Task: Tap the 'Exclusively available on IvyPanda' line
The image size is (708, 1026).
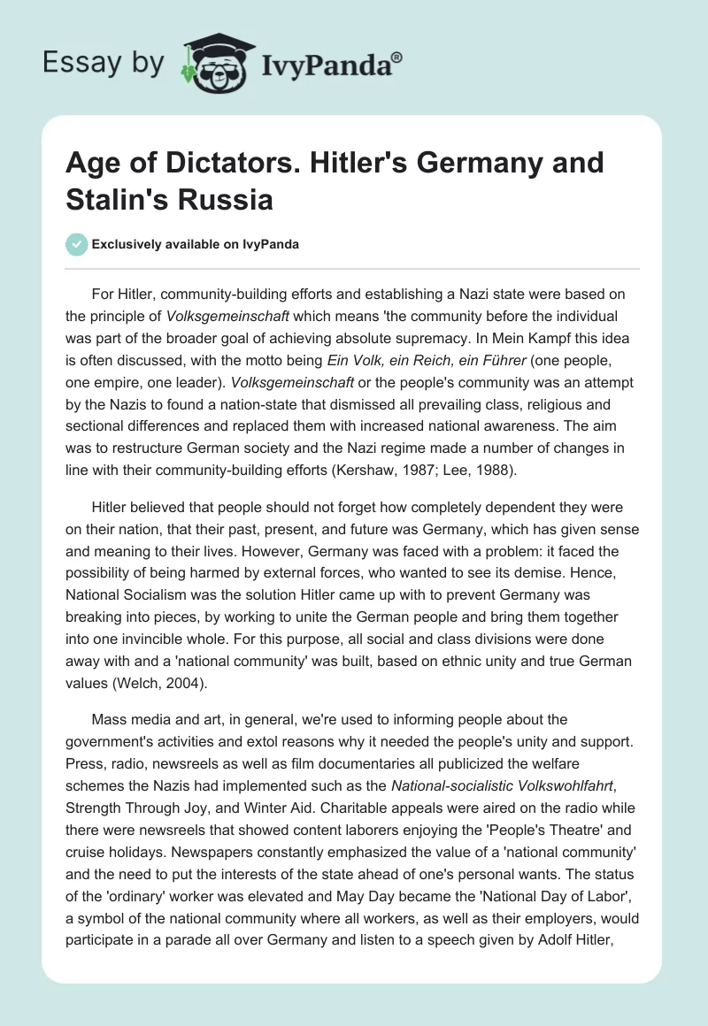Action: [194, 245]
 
